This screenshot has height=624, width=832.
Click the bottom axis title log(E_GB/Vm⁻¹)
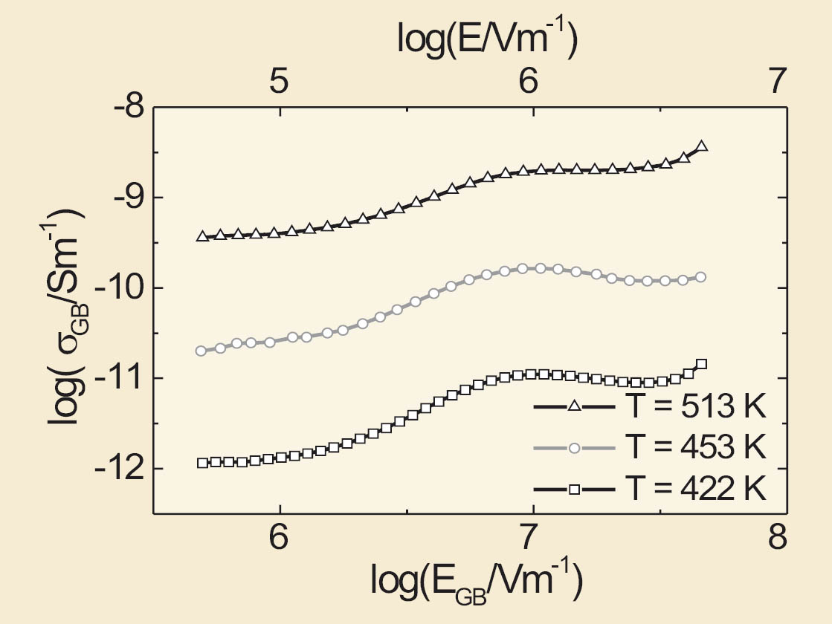coord(476,582)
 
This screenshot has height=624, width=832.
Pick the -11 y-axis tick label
coord(117,378)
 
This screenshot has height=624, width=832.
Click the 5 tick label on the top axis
coord(279,82)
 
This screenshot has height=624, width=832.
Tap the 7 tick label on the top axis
coord(777,82)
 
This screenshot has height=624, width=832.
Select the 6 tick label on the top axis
coord(528,82)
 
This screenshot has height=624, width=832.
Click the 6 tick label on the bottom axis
coord(279,537)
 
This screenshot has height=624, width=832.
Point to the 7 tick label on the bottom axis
coord(528,537)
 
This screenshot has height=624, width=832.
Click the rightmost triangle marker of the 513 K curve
coord(701,146)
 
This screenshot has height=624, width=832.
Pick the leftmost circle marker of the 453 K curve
coord(201,351)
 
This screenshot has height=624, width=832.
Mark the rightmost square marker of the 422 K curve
coord(701,364)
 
